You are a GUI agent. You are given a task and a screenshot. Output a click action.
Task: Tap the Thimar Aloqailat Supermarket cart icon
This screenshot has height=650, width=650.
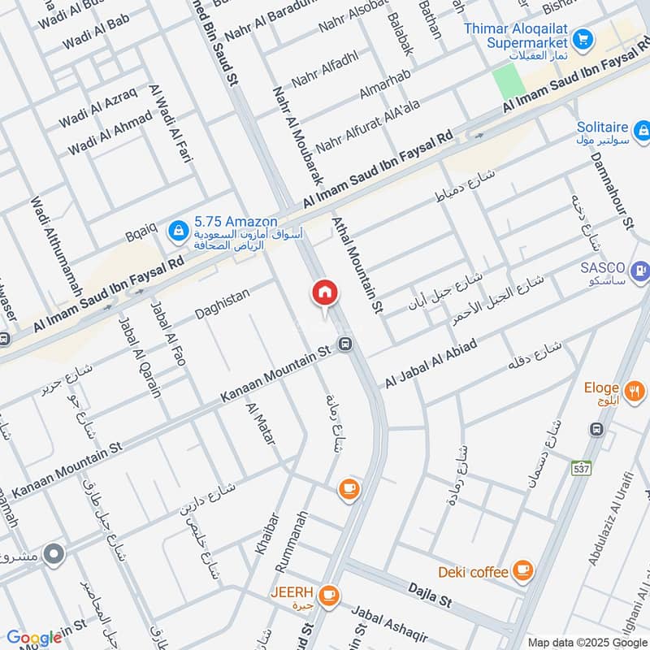point(582,38)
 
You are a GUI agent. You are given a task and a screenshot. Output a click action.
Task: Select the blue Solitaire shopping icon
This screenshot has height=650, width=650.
point(642,130)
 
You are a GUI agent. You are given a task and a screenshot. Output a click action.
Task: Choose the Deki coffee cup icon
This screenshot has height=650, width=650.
point(522,572)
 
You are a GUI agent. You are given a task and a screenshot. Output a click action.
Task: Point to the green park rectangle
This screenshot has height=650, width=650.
point(508,81)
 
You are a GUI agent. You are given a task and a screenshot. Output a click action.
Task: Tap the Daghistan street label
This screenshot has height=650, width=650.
point(222,304)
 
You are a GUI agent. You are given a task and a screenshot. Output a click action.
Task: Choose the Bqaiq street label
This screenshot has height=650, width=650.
point(141,232)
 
